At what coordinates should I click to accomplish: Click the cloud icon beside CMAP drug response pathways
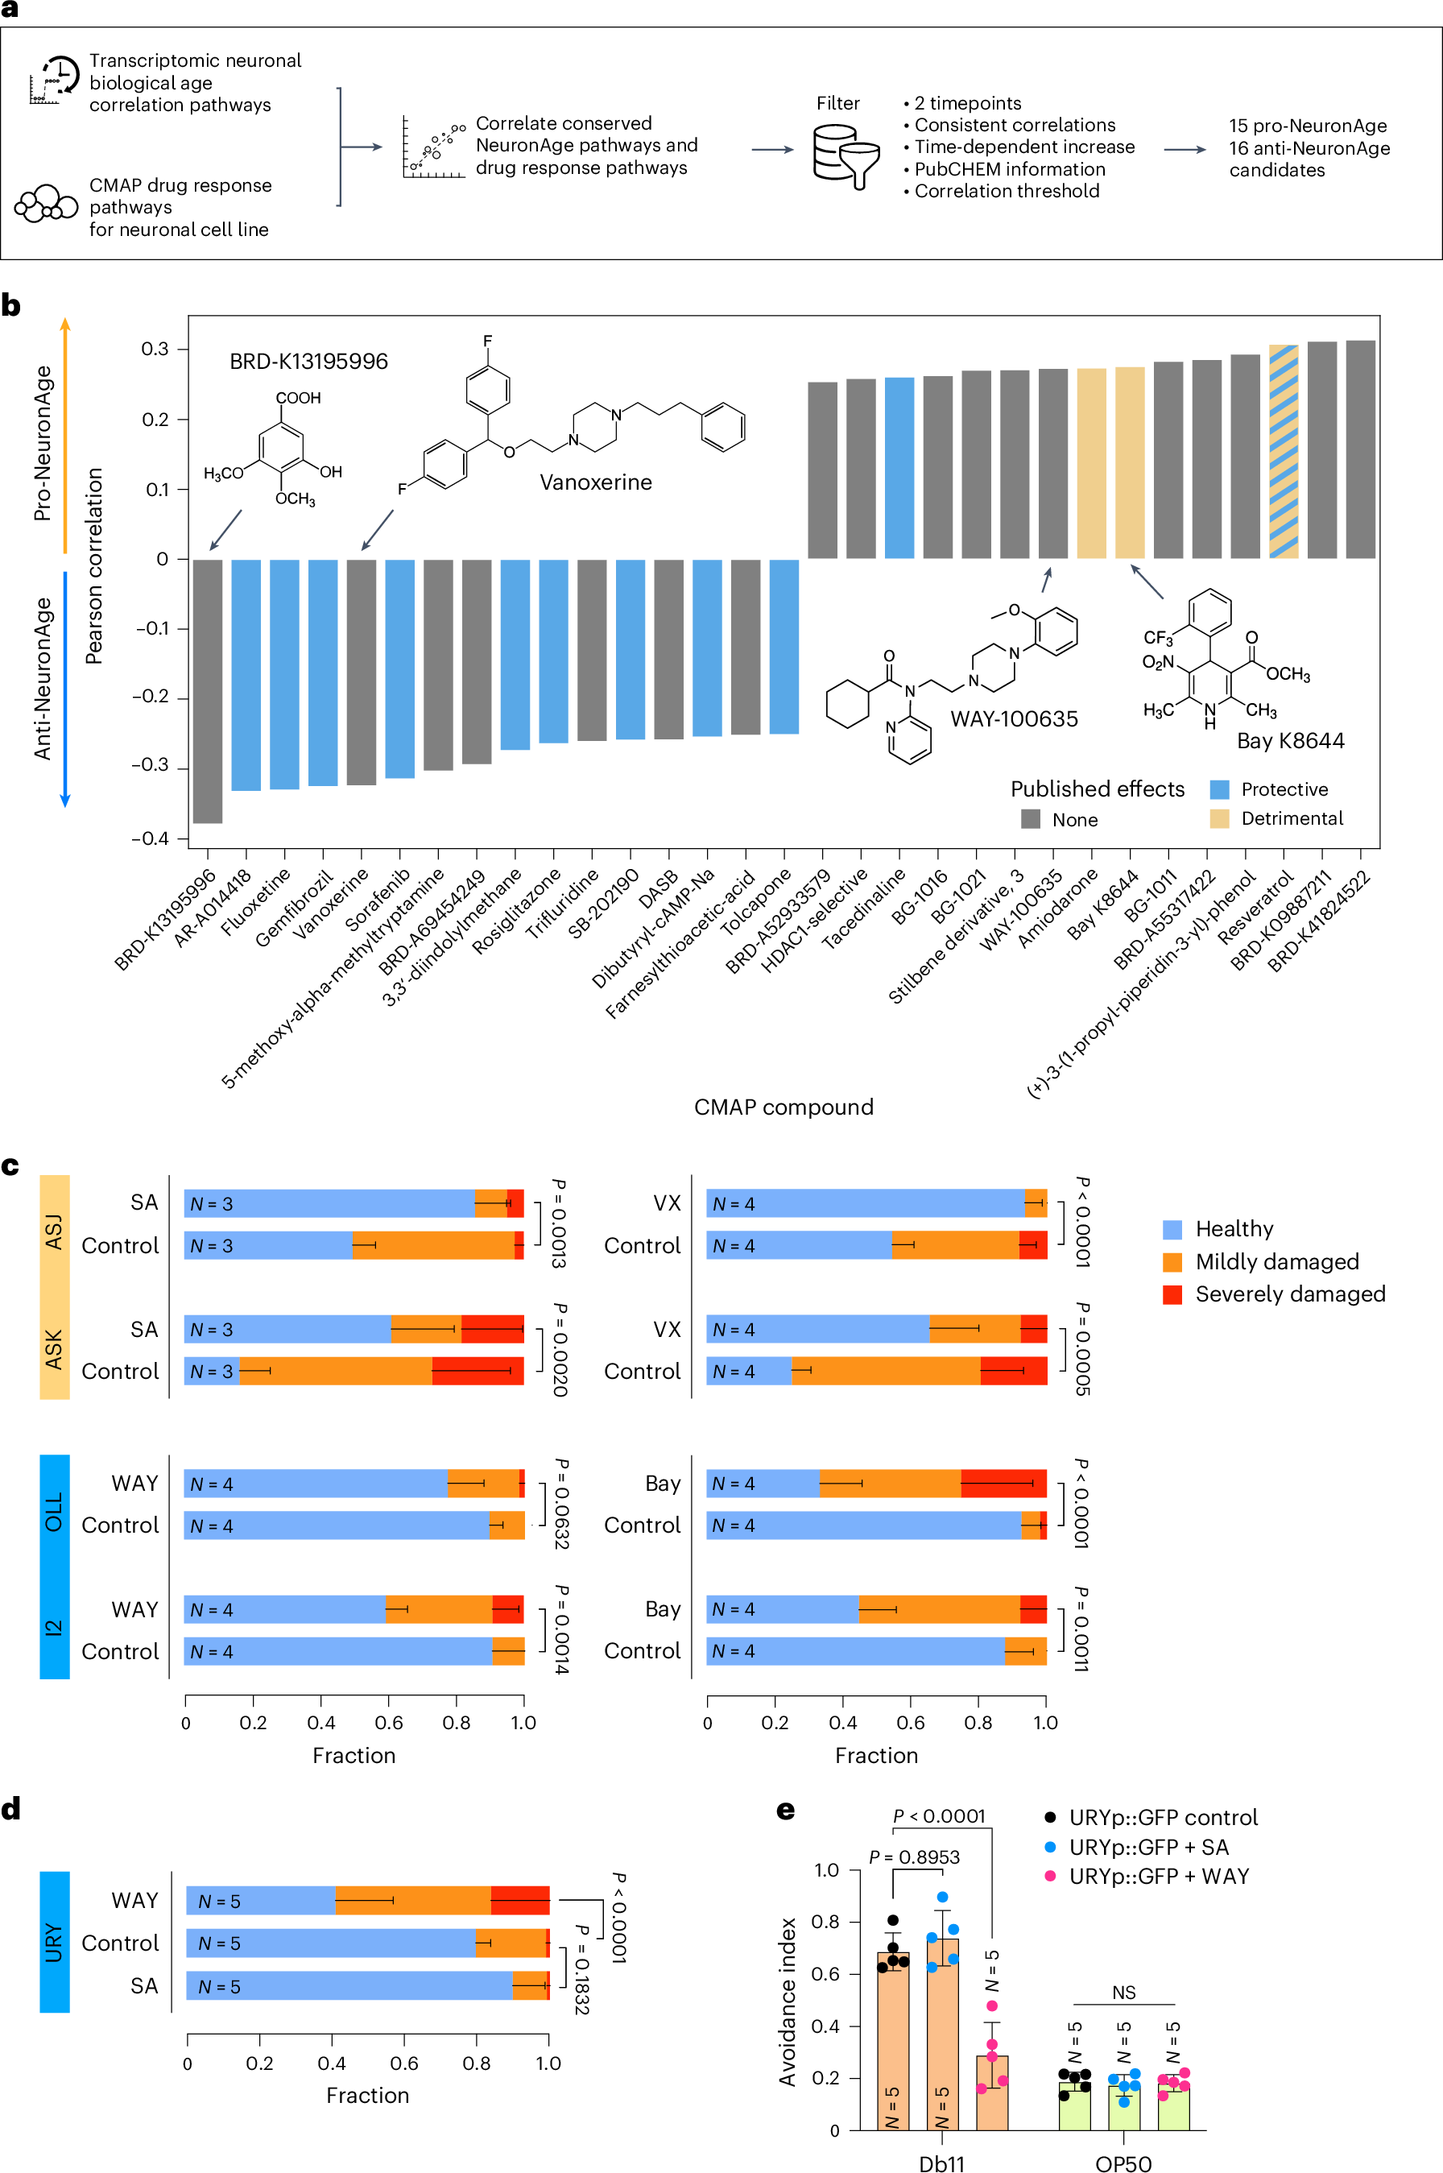[x=46, y=204]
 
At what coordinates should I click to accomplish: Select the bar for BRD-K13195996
[x=208, y=690]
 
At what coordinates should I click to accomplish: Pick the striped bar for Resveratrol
[x=1283, y=451]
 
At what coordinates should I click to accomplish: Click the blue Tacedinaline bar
[x=899, y=468]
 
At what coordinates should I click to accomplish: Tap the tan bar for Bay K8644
[x=1129, y=462]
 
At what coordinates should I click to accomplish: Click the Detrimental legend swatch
[x=1219, y=818]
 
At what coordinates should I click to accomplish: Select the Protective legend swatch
[x=1219, y=789]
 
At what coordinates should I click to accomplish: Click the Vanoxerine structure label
[x=595, y=482]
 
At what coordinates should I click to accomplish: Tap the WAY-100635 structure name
[x=1013, y=718]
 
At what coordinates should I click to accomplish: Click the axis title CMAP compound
[x=784, y=1107]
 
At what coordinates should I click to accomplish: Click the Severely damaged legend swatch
[x=1172, y=1294]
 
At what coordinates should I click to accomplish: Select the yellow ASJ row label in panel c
[x=54, y=1231]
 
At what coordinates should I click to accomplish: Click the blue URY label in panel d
[x=54, y=1942]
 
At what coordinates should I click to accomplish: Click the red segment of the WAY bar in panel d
[x=520, y=1901]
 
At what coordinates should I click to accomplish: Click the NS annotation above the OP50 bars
[x=1123, y=1993]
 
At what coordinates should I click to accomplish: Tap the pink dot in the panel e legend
[x=1050, y=1876]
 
